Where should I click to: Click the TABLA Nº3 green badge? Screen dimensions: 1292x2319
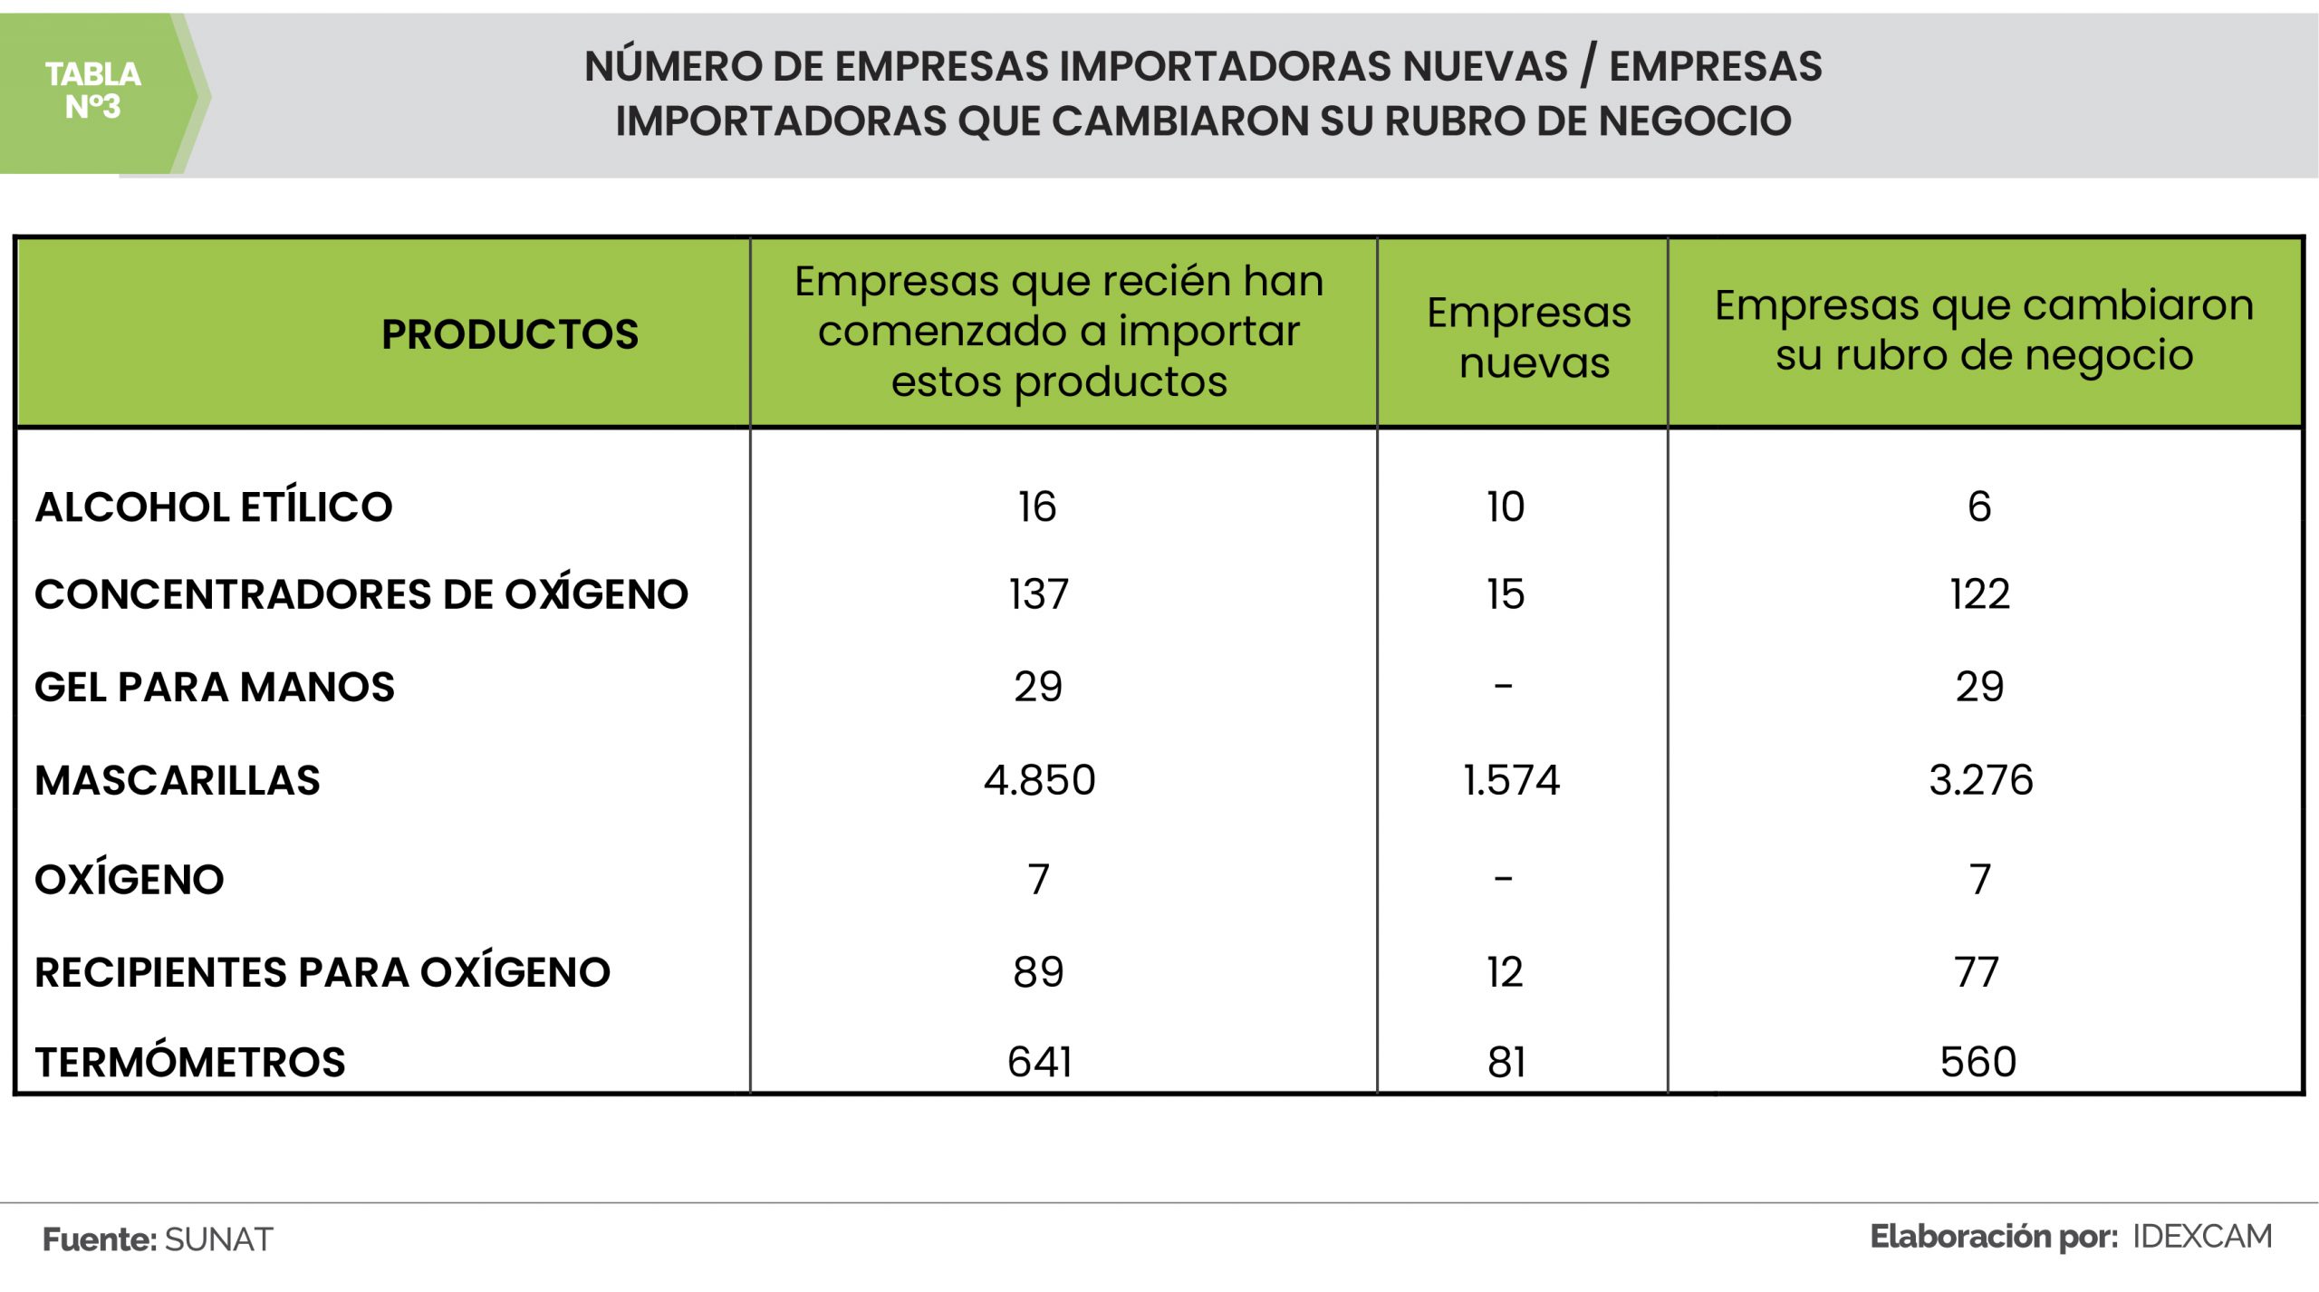(x=93, y=91)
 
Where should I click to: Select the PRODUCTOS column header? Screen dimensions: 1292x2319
(x=509, y=334)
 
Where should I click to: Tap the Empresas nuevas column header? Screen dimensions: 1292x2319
(x=1529, y=337)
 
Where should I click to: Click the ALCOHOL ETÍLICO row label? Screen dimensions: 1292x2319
(x=214, y=506)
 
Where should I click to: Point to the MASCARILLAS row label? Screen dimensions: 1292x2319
(x=178, y=780)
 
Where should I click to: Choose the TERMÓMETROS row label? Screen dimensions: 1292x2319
(x=190, y=1062)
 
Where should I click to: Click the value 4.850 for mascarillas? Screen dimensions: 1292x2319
(x=1039, y=780)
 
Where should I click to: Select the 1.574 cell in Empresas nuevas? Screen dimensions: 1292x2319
(x=1511, y=780)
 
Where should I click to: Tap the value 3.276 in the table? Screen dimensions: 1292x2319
(x=1981, y=780)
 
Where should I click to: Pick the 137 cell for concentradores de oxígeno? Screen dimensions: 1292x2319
(x=1039, y=594)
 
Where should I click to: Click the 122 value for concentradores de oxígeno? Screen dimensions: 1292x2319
(x=1979, y=594)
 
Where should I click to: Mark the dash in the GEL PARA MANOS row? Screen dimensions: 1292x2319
(x=1504, y=686)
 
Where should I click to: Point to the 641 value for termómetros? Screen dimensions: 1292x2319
(x=1039, y=1062)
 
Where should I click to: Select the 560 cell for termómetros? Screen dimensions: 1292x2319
(x=1978, y=1062)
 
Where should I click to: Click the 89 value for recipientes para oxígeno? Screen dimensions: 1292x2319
(x=1038, y=972)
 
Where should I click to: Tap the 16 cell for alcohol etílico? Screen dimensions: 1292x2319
(x=1036, y=506)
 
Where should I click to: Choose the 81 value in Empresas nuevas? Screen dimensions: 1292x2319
(x=1506, y=1062)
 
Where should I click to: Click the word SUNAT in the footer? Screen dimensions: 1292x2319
(x=219, y=1239)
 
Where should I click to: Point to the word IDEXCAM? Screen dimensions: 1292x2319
(x=2202, y=1236)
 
